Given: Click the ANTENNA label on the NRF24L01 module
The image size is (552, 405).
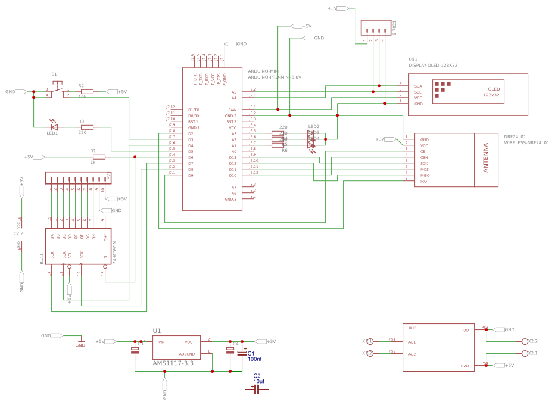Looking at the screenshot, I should pyautogui.click(x=485, y=158).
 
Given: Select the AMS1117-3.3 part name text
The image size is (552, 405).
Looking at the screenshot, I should pyautogui.click(x=173, y=363).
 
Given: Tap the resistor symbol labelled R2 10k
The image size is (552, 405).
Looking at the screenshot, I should pyautogui.click(x=87, y=92).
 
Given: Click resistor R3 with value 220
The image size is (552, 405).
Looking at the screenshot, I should pyautogui.click(x=87, y=127).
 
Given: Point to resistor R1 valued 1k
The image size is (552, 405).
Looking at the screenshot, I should pyautogui.click(x=99, y=157).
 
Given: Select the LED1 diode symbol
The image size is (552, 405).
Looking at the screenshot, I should pyautogui.click(x=54, y=126).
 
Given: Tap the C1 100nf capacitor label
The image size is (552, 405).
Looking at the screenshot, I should pyautogui.click(x=254, y=356).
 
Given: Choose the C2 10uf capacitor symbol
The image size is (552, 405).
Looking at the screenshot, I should pyautogui.click(x=257, y=389).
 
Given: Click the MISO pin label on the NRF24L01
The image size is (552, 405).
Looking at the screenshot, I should pyautogui.click(x=425, y=175).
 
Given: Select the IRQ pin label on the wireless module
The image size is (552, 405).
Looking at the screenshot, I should pyautogui.click(x=423, y=181).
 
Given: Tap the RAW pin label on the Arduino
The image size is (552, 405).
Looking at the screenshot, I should pyautogui.click(x=232, y=110).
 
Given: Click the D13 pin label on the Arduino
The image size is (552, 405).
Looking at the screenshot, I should pyautogui.click(x=232, y=157).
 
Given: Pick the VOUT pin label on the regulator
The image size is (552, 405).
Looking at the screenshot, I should pyautogui.click(x=189, y=342).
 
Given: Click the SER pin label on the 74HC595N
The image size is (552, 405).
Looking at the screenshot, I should pyautogui.click(x=52, y=254).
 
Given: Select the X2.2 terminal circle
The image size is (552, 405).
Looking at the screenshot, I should pyautogui.click(x=525, y=341).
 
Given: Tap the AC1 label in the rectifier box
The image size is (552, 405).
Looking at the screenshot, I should pyautogui.click(x=412, y=342).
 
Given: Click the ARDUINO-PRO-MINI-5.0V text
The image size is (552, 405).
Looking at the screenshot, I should pyautogui.click(x=274, y=77).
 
